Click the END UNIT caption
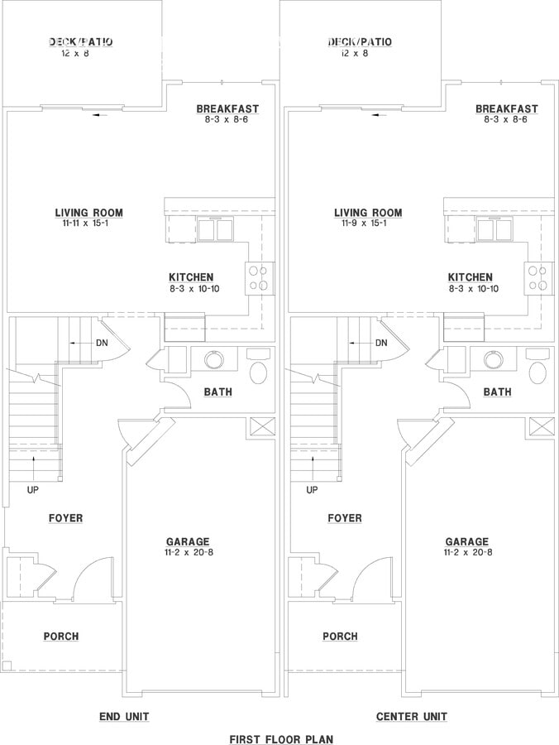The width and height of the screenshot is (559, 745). click(124, 716)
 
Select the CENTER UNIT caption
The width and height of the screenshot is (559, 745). click(411, 716)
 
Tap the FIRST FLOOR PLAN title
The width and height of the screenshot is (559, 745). click(281, 738)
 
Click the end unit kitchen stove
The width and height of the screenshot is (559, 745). click(259, 278)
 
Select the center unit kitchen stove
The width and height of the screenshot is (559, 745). click(537, 278)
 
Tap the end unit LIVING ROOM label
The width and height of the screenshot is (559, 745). click(88, 213)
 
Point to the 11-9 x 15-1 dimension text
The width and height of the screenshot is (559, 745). click(368, 223)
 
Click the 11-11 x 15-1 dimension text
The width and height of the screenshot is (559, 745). click(88, 223)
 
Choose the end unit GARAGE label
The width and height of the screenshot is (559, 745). click(187, 541)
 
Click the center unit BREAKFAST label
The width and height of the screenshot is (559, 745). click(506, 108)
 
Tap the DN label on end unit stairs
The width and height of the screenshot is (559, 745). click(101, 343)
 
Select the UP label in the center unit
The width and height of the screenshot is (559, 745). click(312, 489)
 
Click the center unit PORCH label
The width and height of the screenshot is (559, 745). click(340, 636)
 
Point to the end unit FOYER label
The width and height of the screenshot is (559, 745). click(65, 518)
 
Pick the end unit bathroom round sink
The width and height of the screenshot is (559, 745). click(214, 360)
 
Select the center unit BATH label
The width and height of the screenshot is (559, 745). click(497, 392)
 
